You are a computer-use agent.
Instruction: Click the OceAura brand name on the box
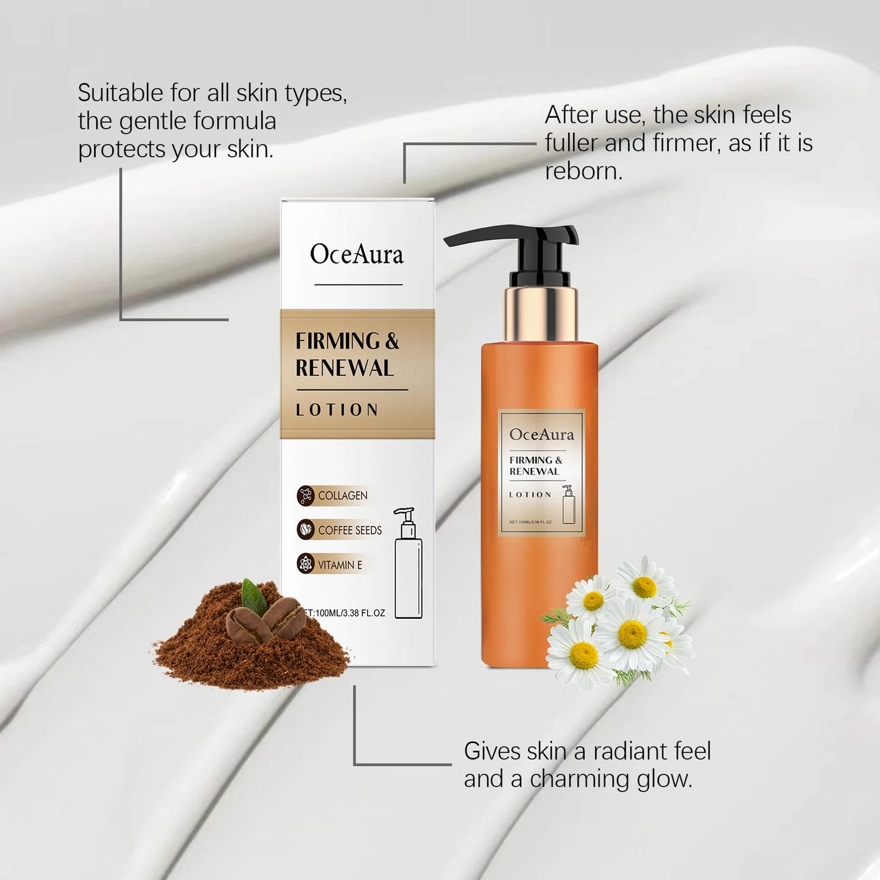coord(357,254)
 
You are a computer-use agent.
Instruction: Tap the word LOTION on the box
coord(337,410)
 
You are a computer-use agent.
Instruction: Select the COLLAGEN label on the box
coord(342,496)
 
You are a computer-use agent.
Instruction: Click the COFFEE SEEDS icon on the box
coord(306,530)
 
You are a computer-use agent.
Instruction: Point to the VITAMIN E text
coord(340,565)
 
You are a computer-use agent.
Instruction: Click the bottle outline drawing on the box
coord(408,563)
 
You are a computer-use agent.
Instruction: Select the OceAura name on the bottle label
coord(541,434)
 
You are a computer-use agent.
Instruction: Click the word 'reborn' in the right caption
coord(583,171)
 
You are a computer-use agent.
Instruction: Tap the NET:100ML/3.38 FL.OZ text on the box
coord(346,613)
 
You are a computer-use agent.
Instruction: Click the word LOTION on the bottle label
coord(530,495)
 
